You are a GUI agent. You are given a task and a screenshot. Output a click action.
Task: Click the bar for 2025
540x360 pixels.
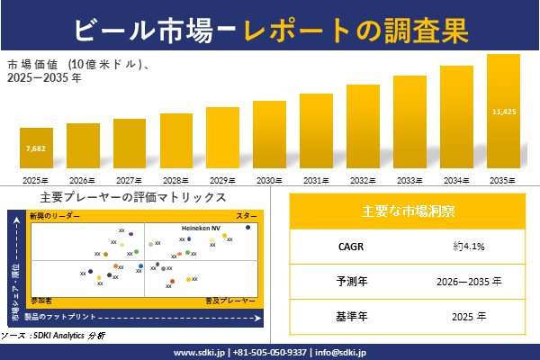click(x=36, y=150)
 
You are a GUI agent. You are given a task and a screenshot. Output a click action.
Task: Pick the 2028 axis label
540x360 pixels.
click(x=176, y=181)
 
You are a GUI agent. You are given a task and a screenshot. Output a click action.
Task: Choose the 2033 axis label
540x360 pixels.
click(x=409, y=181)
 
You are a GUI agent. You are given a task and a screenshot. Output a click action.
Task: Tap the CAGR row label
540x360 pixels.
click(x=346, y=246)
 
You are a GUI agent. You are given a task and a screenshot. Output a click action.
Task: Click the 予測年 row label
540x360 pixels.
click(x=346, y=281)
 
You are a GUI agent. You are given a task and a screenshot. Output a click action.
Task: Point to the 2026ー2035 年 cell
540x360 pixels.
click(x=468, y=281)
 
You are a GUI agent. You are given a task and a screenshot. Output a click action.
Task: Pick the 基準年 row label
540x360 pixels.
click(x=346, y=316)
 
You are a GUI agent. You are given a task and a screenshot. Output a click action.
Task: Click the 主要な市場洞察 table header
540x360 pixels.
click(x=407, y=211)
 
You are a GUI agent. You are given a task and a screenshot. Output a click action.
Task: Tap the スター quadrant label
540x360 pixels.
click(x=246, y=217)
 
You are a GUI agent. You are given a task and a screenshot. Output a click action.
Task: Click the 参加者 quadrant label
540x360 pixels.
click(x=41, y=298)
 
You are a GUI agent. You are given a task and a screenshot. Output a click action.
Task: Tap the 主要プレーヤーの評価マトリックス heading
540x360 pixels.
click(x=133, y=197)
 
